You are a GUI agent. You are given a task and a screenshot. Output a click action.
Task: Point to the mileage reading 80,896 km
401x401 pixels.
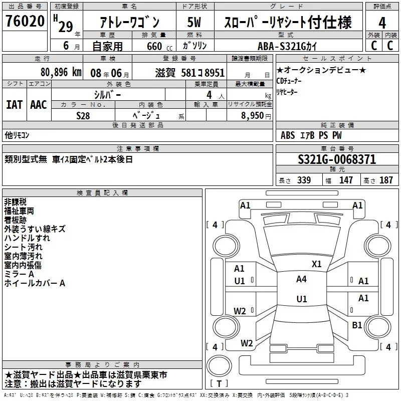(x=61, y=72)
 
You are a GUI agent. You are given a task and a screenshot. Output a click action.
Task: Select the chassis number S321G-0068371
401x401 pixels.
(x=336, y=160)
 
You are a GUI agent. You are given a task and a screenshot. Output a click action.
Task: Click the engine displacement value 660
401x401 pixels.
(x=153, y=47)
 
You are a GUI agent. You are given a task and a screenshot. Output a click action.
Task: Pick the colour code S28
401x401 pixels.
(x=83, y=115)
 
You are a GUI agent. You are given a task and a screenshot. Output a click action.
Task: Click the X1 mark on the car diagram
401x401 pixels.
(x=316, y=264)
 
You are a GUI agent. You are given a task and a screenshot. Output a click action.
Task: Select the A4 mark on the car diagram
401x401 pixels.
(x=301, y=279)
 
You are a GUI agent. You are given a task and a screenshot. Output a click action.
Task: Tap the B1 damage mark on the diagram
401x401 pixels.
(x=357, y=325)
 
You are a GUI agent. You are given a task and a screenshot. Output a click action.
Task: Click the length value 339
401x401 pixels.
(x=304, y=180)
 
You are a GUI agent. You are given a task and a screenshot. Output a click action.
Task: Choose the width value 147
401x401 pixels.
(x=346, y=180)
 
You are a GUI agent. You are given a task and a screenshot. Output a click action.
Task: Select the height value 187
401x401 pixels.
(x=386, y=180)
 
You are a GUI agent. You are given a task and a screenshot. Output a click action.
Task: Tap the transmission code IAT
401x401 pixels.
(x=15, y=105)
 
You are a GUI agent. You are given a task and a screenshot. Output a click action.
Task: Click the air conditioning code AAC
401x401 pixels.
(x=39, y=105)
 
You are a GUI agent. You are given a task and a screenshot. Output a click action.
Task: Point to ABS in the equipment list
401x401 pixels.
(x=288, y=135)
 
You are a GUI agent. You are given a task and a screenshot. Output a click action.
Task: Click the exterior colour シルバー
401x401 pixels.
(x=107, y=95)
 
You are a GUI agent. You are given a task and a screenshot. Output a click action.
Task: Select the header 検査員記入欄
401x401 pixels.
(x=102, y=192)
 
